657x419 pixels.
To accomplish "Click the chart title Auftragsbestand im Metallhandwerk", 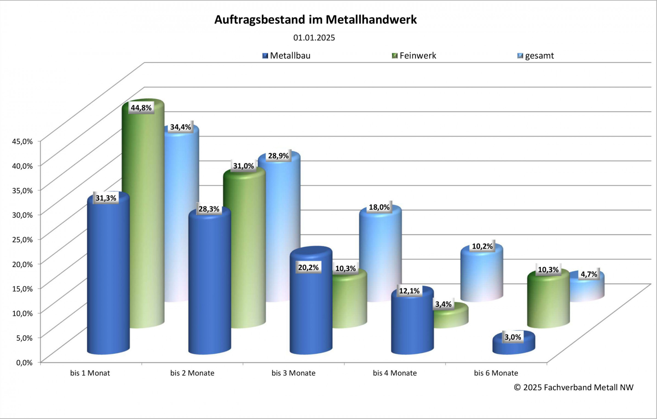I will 315,20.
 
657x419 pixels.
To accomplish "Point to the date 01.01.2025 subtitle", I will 314,38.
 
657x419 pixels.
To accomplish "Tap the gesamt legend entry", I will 536,56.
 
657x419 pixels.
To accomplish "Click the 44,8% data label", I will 141,108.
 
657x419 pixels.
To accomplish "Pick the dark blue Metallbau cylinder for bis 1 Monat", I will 108,276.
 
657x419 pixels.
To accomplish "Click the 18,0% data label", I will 379,207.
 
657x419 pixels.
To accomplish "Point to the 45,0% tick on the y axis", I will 22,141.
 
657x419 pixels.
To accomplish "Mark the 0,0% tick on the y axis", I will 24,363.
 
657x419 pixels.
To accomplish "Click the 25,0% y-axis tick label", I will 22,240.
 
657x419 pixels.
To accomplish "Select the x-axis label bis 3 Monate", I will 293,373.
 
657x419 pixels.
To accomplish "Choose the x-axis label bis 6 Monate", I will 496,373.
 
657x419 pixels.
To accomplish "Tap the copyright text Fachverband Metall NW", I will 574,387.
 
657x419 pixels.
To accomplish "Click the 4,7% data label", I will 589,274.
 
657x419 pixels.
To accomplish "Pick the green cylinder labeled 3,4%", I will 451,317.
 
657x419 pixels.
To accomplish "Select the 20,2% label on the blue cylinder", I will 308,267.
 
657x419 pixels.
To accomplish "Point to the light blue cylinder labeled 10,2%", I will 482,276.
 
